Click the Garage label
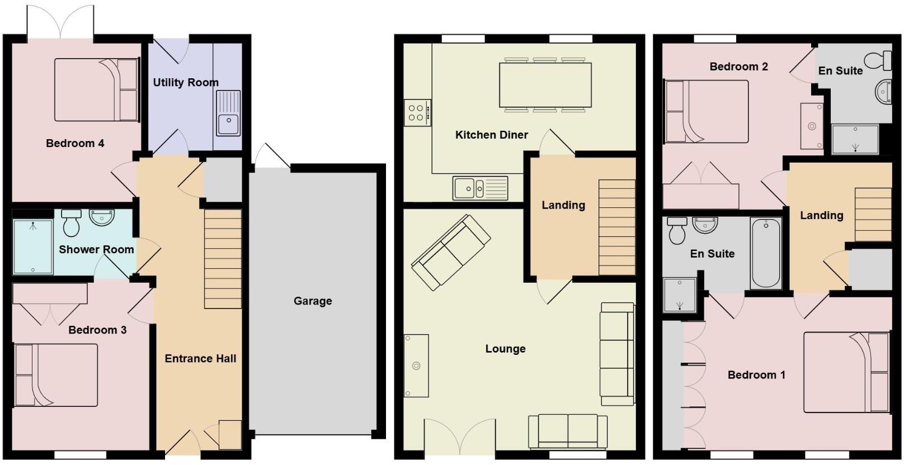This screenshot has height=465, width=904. click(x=313, y=301)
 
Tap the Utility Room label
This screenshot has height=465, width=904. click(x=186, y=83)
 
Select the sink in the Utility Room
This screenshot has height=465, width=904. click(x=228, y=114)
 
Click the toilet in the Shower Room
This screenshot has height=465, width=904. click(x=72, y=223)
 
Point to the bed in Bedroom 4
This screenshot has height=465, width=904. click(x=96, y=90)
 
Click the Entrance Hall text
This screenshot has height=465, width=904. click(x=200, y=359)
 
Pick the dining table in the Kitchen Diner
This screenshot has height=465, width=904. click(x=545, y=85)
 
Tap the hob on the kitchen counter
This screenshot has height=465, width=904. click(x=417, y=113)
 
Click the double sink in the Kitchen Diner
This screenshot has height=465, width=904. click(x=480, y=188)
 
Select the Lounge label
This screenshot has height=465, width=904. click(x=505, y=349)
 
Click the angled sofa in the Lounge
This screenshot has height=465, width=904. click(x=451, y=253)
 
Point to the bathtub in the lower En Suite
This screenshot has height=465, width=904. click(x=766, y=253)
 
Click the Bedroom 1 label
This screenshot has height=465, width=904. click(x=756, y=375)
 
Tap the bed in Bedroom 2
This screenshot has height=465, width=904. click(x=707, y=111)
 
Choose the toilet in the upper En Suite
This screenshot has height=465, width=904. click(x=878, y=60)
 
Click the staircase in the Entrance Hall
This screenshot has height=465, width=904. click(x=223, y=259)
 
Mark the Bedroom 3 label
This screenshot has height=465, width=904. click(x=97, y=330)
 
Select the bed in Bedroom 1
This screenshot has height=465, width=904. click(x=846, y=372)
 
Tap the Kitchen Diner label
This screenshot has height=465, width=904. click(x=491, y=135)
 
